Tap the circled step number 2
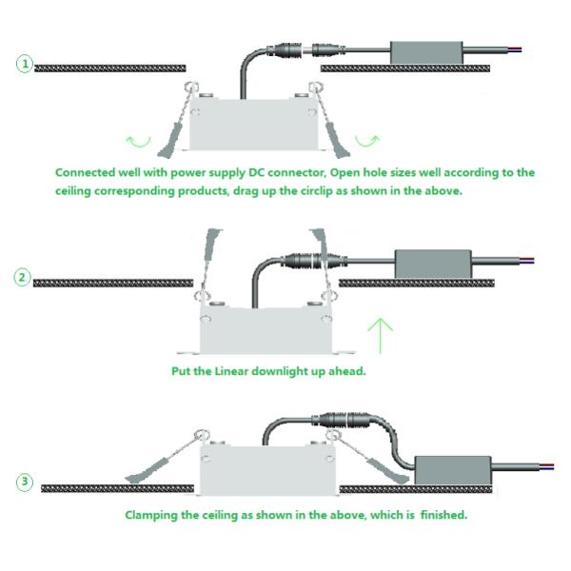[x=23, y=278]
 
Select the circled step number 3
[x=24, y=482]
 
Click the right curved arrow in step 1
[x=366, y=143]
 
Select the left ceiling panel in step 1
[x=109, y=68]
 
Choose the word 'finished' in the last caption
[x=441, y=515]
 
